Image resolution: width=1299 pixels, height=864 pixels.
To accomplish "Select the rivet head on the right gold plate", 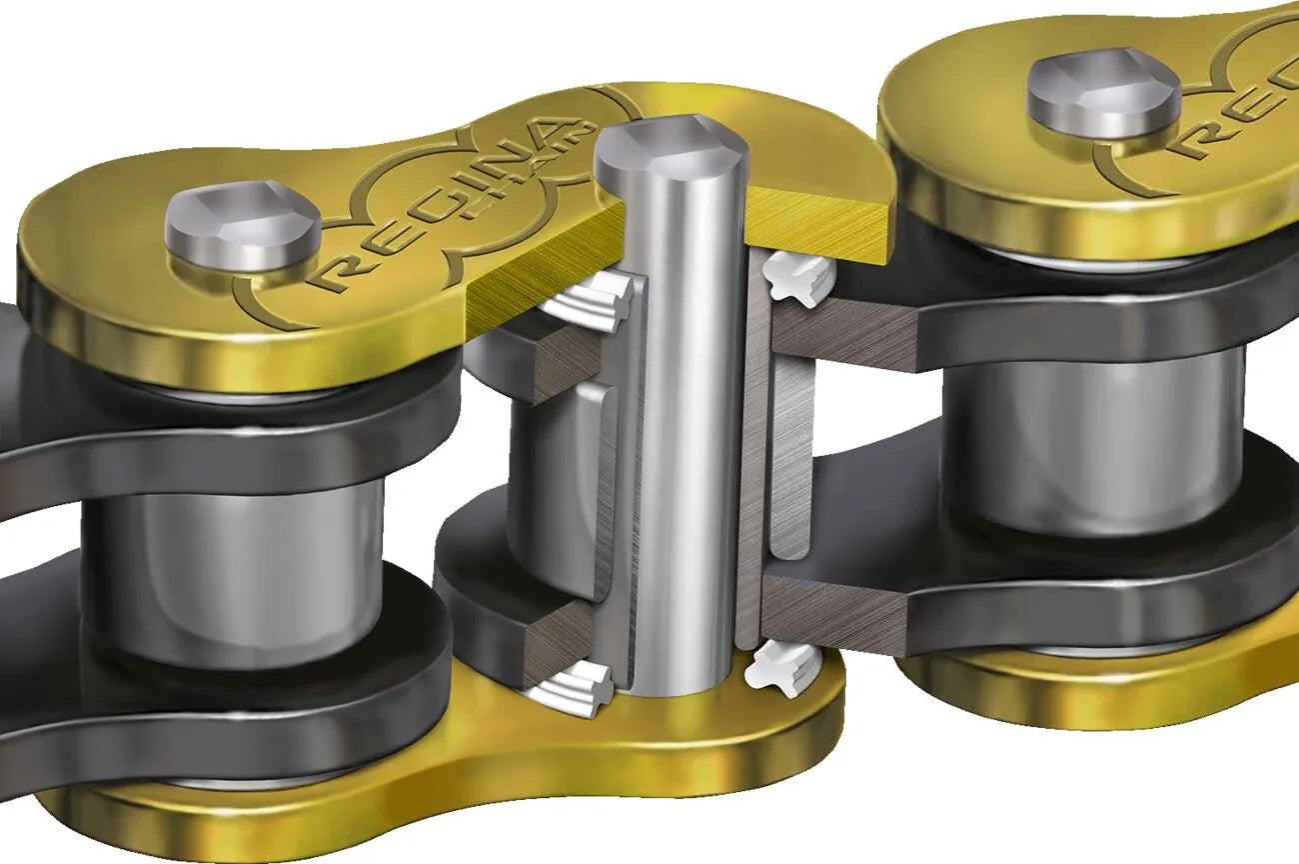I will pos(1104,93).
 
